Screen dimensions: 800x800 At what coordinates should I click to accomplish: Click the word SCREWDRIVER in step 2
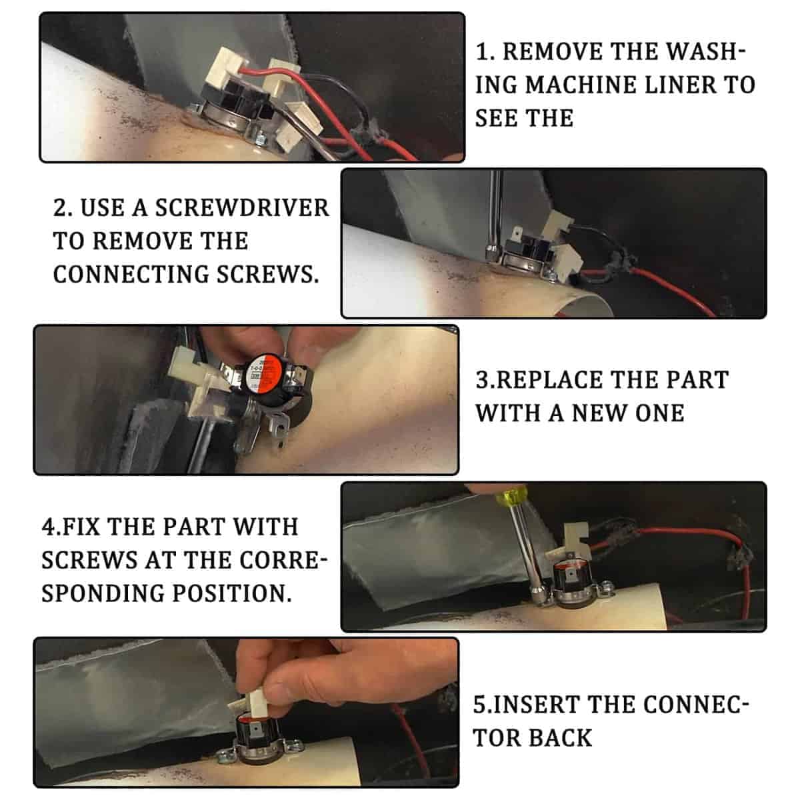[x=242, y=207]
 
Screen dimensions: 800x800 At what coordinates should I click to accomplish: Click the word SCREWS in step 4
[x=89, y=560]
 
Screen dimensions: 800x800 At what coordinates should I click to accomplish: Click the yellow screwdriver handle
[x=513, y=497]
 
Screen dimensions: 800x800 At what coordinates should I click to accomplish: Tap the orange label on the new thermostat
[x=261, y=370]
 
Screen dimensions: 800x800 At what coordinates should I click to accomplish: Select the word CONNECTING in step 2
[x=131, y=275]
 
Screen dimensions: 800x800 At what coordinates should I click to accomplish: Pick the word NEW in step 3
[x=599, y=413]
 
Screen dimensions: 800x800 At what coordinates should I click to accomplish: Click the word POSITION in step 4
[x=233, y=593]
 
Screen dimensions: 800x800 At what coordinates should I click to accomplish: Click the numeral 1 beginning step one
[x=482, y=52]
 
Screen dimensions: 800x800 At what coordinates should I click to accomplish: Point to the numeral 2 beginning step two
[x=60, y=207]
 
